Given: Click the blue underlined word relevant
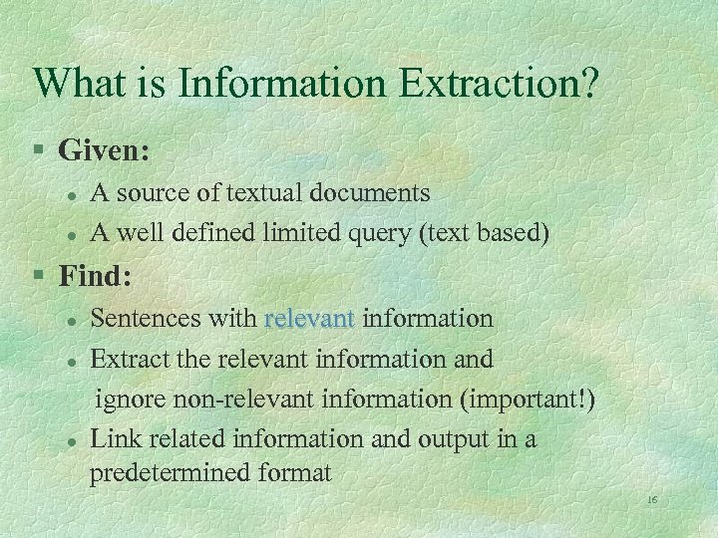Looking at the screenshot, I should pos(309,318).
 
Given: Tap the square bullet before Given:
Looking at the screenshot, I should pos(38,151).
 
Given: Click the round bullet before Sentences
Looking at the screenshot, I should pos(71,320).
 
